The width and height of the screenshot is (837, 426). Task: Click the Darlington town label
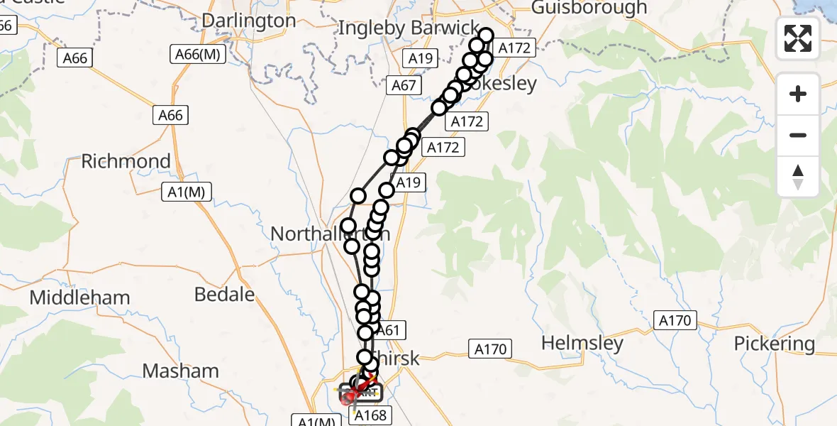[x=248, y=21]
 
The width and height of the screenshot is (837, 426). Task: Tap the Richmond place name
[x=126, y=161]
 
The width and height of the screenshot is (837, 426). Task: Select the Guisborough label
[x=589, y=9]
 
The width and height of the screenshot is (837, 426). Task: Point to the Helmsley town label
[x=582, y=344]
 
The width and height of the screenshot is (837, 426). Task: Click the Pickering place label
[x=774, y=344]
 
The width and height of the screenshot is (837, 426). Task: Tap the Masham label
[x=180, y=371]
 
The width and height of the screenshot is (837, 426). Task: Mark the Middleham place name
[x=79, y=297]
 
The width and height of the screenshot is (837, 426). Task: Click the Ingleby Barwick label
[x=409, y=28]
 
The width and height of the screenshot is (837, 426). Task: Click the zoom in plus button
[x=798, y=94]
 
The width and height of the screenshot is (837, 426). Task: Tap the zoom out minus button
[x=798, y=135]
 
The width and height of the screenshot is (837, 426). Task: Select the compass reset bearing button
[x=798, y=176]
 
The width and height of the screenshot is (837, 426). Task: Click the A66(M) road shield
[x=198, y=54]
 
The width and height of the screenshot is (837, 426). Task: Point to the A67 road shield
[x=404, y=86]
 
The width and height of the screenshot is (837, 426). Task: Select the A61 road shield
[x=389, y=329]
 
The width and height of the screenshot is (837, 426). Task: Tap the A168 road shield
[x=370, y=415]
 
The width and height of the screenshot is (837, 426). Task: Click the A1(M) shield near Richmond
[x=187, y=192]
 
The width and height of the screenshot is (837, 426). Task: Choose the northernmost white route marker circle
[x=486, y=35]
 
